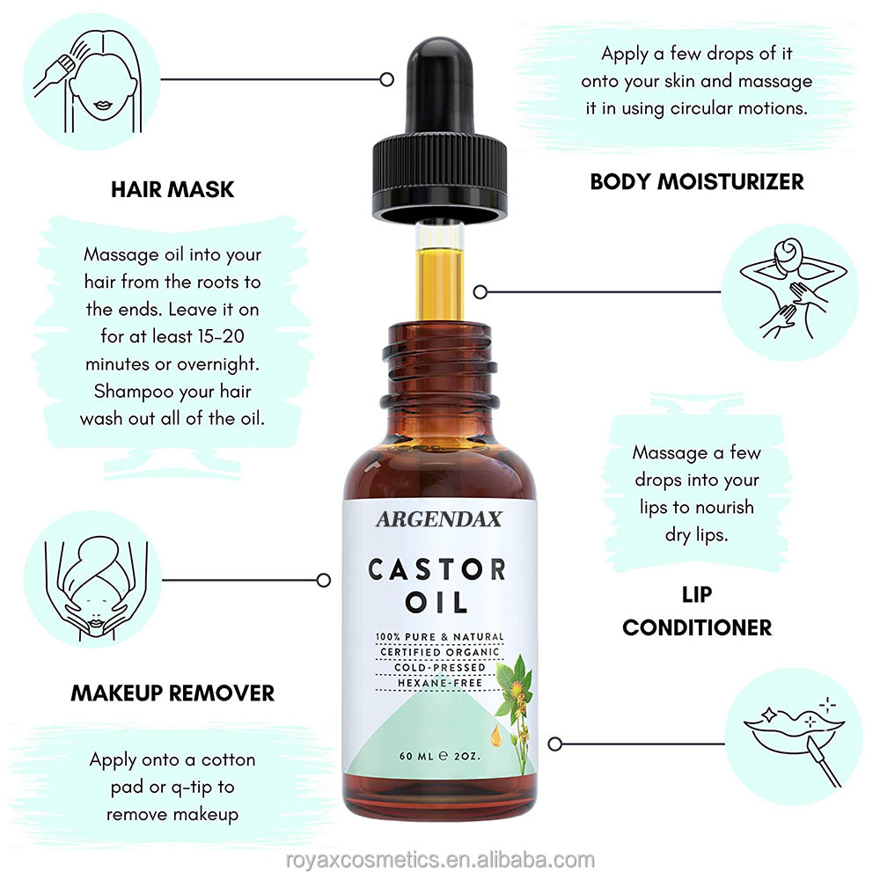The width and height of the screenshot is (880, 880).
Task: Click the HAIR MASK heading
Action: (172, 190)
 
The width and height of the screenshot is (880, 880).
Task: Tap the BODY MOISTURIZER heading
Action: (696, 182)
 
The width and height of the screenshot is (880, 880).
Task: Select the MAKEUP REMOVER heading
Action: (172, 693)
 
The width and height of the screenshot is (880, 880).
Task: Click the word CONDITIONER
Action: (697, 627)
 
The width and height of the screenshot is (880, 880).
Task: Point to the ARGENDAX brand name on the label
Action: (439, 519)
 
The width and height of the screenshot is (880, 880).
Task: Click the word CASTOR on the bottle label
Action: (437, 569)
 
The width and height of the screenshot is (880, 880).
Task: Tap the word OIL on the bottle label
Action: (436, 603)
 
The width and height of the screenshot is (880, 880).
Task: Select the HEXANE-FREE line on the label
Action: (440, 683)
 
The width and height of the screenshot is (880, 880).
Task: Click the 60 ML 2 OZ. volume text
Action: (439, 756)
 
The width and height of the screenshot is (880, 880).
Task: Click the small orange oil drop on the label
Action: (496, 737)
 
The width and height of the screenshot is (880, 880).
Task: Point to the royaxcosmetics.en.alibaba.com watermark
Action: (440, 860)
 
